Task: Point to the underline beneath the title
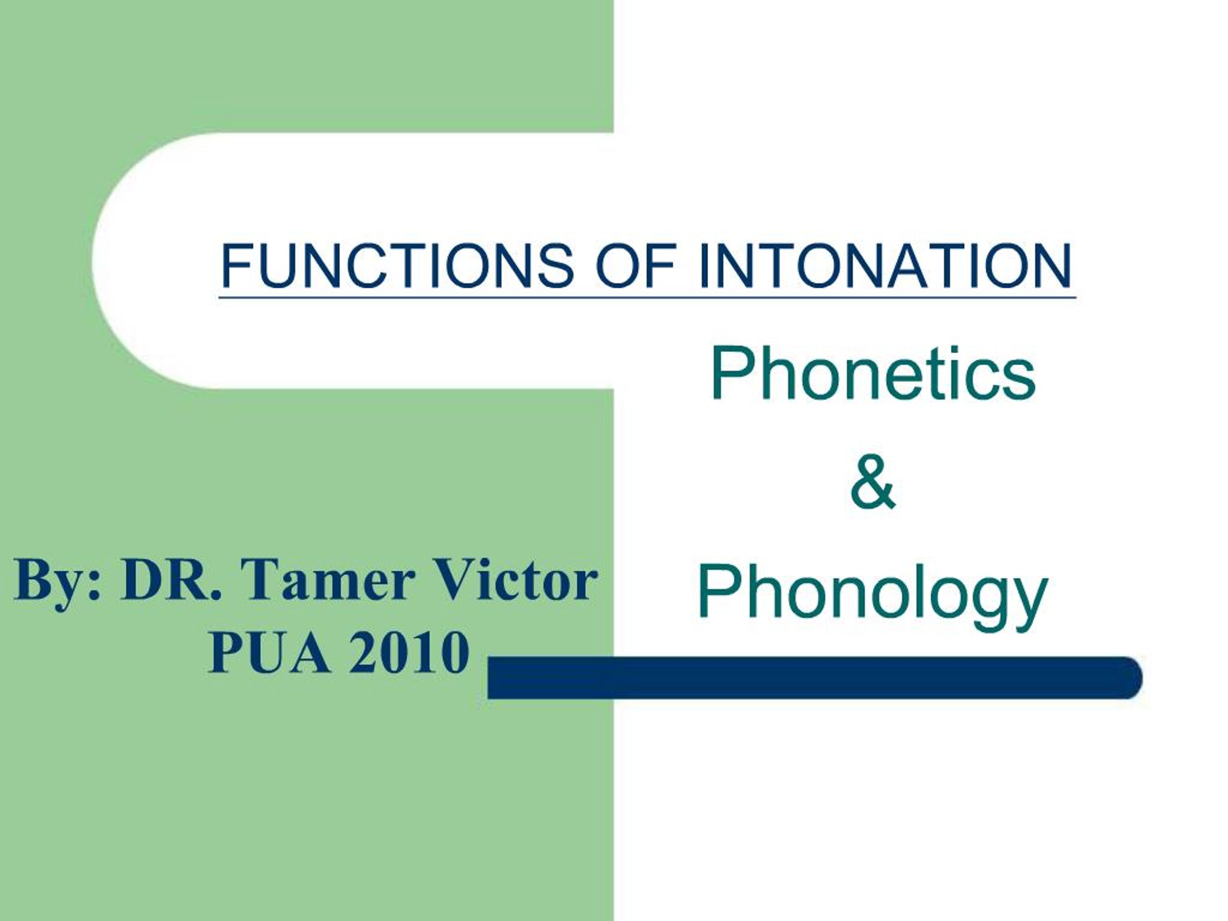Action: click(647, 297)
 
